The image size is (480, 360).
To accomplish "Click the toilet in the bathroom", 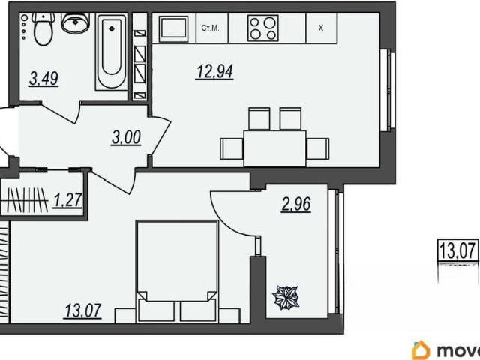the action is [43, 28].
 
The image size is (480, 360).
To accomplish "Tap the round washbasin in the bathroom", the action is [75, 22].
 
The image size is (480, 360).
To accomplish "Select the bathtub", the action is [112, 52].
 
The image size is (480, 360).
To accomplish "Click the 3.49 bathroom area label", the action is [43, 79].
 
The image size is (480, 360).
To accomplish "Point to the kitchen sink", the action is [173, 28].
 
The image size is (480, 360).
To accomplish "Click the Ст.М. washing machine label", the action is [210, 28].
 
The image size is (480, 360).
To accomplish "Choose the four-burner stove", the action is [263, 28].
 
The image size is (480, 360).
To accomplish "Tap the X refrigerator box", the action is [321, 28].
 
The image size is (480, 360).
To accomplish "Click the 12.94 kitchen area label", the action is [215, 72].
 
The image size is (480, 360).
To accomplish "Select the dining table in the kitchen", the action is [274, 148].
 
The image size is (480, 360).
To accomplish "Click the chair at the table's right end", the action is [317, 148].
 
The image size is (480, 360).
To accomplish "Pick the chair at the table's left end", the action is [232, 148].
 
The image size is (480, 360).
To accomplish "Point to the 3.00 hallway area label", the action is [126, 138].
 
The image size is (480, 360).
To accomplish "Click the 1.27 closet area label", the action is [67, 201].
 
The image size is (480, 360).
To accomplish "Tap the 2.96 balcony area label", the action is [296, 204].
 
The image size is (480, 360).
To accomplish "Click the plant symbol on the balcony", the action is [286, 298].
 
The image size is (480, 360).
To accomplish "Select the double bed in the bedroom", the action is [178, 271].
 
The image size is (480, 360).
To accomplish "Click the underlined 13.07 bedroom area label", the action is [83, 310].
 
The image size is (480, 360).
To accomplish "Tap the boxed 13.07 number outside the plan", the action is [458, 250].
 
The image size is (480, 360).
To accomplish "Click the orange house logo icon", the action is [421, 350].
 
